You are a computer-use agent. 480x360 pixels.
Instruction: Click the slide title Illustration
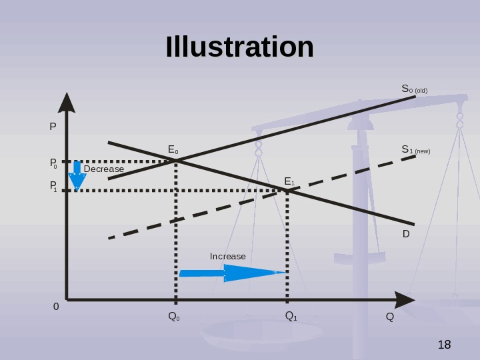(239, 47)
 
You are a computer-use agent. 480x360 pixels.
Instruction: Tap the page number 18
(444, 345)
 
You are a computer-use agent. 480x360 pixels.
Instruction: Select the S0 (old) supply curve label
(414, 89)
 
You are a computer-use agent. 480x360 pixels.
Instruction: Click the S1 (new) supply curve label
(415, 150)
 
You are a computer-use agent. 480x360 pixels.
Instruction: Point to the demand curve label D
(405, 235)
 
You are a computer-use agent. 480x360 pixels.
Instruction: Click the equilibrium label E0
(173, 150)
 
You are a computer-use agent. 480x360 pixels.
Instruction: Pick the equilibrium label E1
(289, 181)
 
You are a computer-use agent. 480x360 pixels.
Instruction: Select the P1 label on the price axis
(53, 189)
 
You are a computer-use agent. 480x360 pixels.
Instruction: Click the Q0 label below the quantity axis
(173, 316)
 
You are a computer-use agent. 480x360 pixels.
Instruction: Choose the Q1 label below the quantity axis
(291, 316)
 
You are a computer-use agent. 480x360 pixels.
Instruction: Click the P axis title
(53, 125)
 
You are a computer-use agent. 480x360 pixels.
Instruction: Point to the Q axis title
(389, 316)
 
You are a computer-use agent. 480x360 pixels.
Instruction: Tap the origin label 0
(56, 307)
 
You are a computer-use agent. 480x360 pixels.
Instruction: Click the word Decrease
(104, 169)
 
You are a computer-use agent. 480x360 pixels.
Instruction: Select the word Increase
(228, 257)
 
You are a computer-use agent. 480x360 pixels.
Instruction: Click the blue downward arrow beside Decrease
(77, 176)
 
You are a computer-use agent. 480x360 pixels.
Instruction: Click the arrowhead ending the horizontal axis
(404, 300)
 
